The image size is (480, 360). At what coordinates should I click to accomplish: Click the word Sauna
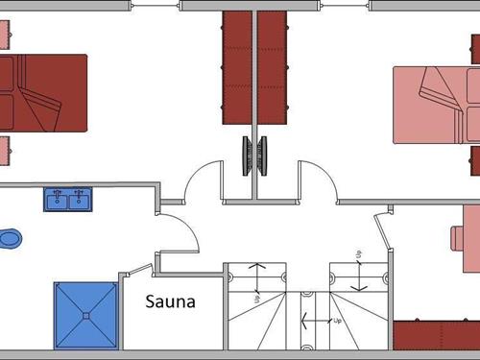pos(170,301)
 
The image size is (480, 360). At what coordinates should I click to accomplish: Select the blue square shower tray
pos(86,316)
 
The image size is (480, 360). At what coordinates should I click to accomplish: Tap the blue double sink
pos(67,199)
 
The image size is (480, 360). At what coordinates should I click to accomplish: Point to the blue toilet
pos(9,237)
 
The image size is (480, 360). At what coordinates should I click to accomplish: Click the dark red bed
pos(42,92)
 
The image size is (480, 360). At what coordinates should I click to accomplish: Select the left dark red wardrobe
pos(236,67)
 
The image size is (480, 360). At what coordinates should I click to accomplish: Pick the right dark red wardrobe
pos(273,67)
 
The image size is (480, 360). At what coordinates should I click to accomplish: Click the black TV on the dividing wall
pos(254,156)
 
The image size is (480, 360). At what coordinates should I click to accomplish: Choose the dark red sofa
pos(437,334)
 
